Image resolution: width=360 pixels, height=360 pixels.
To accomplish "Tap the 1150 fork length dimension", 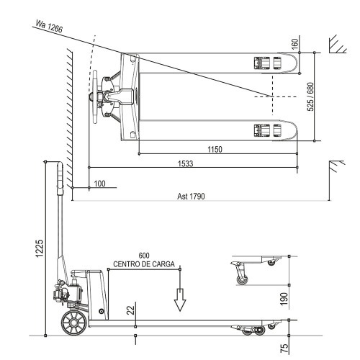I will (214, 149).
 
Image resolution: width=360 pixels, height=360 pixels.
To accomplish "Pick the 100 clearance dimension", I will (99, 184).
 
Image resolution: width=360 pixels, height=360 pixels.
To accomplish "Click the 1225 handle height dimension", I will (40, 248).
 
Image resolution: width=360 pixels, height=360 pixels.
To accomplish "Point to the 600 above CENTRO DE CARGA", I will (144, 256).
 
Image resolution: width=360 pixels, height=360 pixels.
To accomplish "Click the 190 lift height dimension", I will (284, 297).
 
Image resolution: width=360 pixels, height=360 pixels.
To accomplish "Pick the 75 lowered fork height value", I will (284, 347).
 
